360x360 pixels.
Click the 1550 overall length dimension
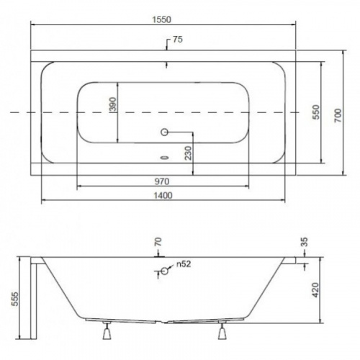(x=162, y=19)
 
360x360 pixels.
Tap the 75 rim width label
(x=178, y=40)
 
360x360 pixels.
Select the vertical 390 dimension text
(x=113, y=104)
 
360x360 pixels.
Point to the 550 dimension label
(x=316, y=112)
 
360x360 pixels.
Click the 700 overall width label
(x=338, y=115)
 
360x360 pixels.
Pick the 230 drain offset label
(x=189, y=153)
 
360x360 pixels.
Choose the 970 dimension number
(x=162, y=181)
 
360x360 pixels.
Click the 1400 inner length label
(x=163, y=196)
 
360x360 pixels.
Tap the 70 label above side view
(x=158, y=242)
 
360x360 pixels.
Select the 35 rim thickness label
(x=304, y=242)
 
